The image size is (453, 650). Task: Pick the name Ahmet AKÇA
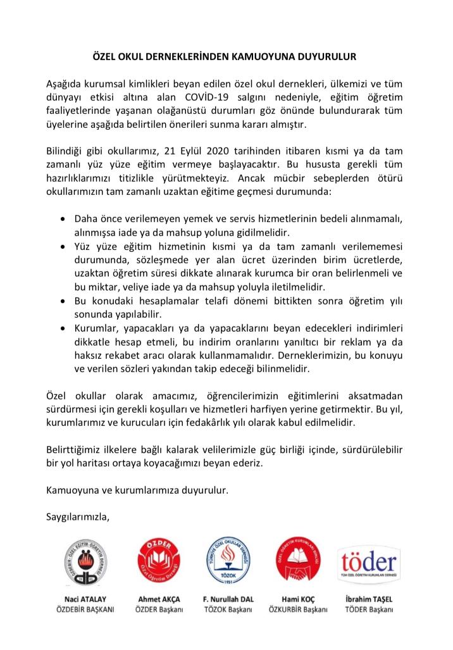159,598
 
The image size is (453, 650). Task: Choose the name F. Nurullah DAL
228,598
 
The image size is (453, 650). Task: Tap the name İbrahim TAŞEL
369,598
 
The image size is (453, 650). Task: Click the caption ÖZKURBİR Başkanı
298,609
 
